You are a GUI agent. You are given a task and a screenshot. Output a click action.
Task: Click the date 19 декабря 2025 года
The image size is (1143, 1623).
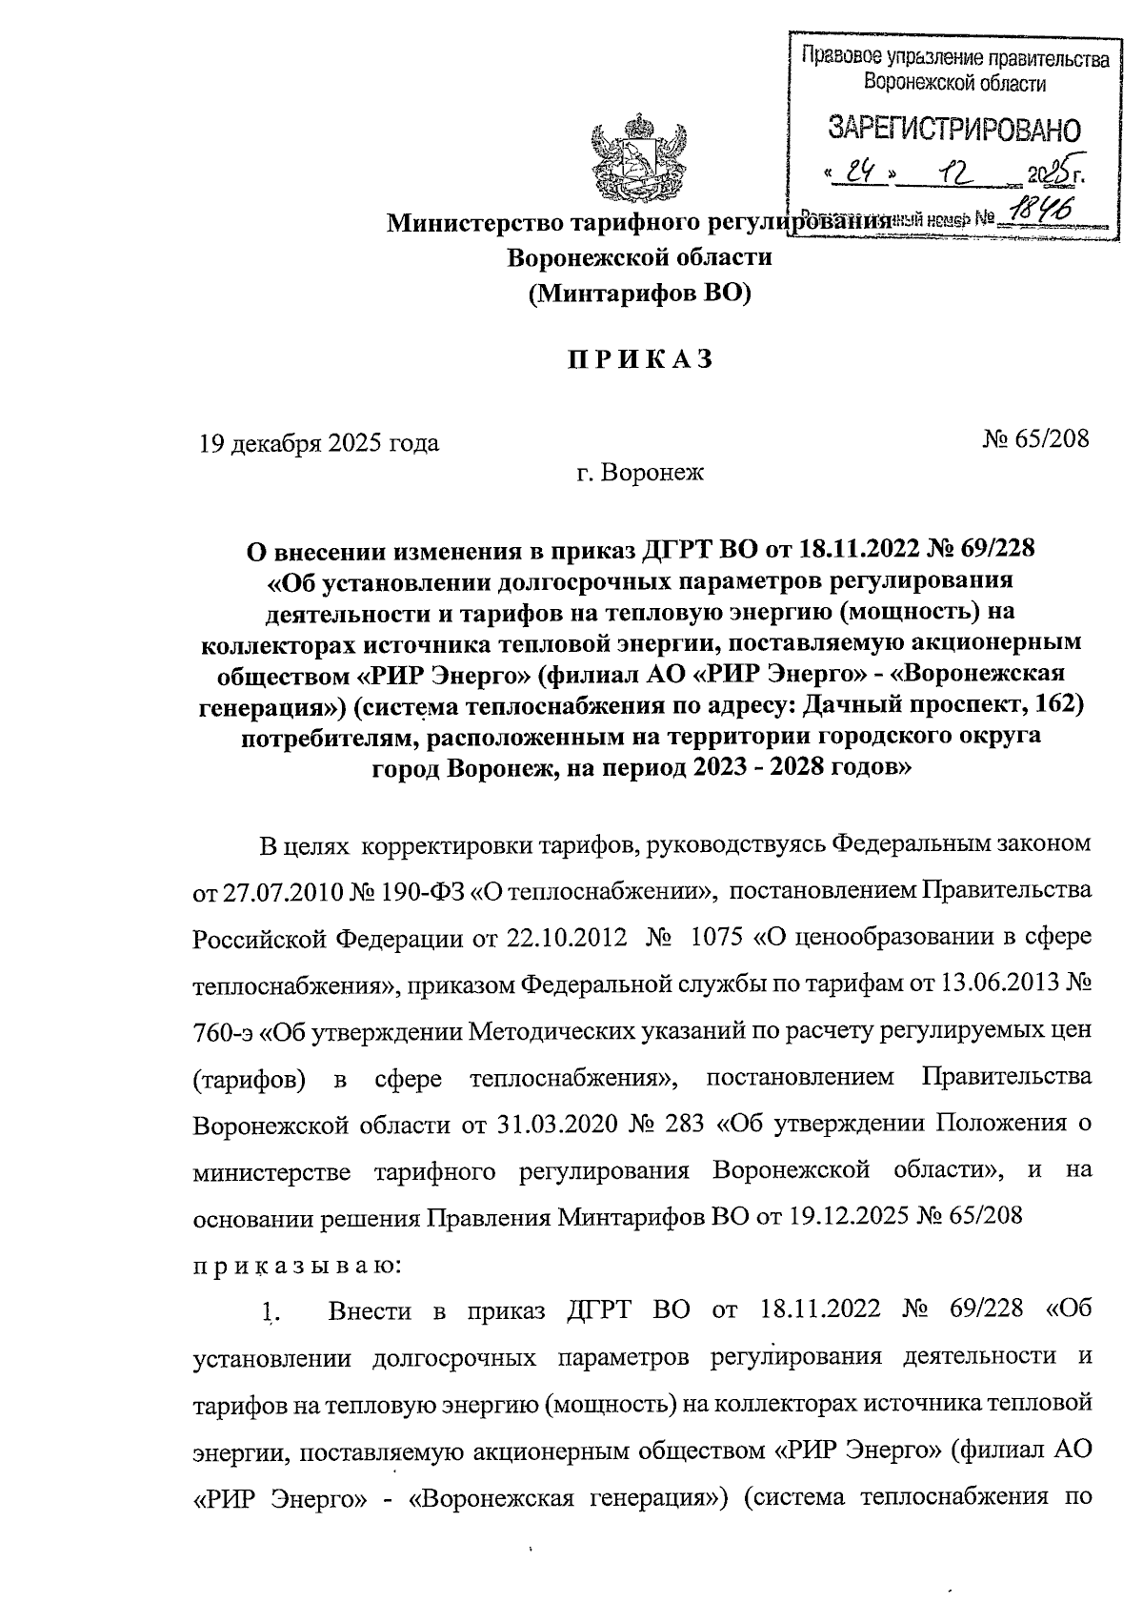tap(318, 443)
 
